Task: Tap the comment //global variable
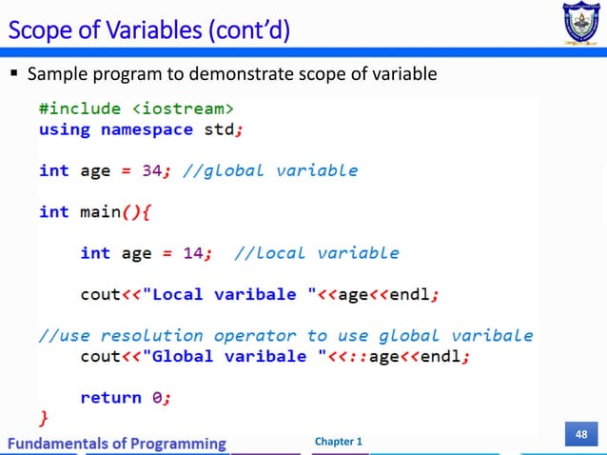(x=271, y=170)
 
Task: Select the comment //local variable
(x=316, y=252)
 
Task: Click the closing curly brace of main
(x=42, y=416)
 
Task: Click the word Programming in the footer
(x=180, y=443)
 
